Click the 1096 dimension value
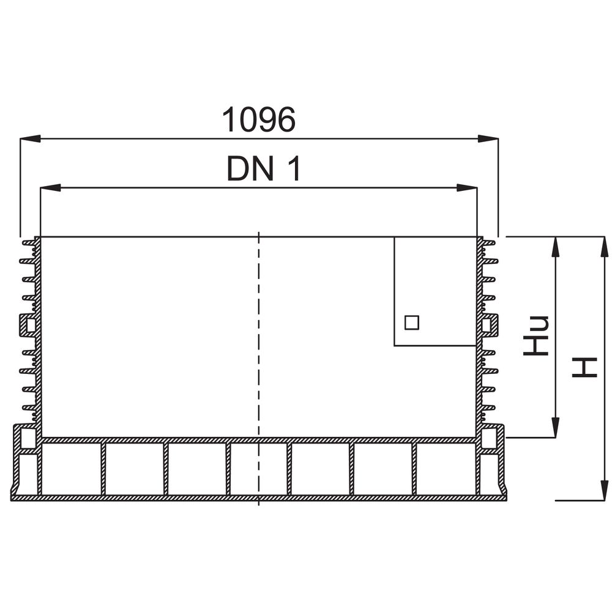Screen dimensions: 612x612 (x=259, y=119)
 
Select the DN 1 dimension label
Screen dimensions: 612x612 (x=264, y=168)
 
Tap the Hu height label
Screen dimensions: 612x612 (x=536, y=335)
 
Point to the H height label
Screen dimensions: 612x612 (x=584, y=367)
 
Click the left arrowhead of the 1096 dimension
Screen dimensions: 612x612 (x=30, y=138)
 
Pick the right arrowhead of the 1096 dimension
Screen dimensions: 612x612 (x=488, y=138)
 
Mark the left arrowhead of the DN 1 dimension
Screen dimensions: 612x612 (x=50, y=188)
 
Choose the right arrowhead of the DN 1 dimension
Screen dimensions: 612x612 (x=467, y=188)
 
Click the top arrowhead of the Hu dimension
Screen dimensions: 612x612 (x=555, y=247)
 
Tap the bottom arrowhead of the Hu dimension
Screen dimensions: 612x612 (x=555, y=427)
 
